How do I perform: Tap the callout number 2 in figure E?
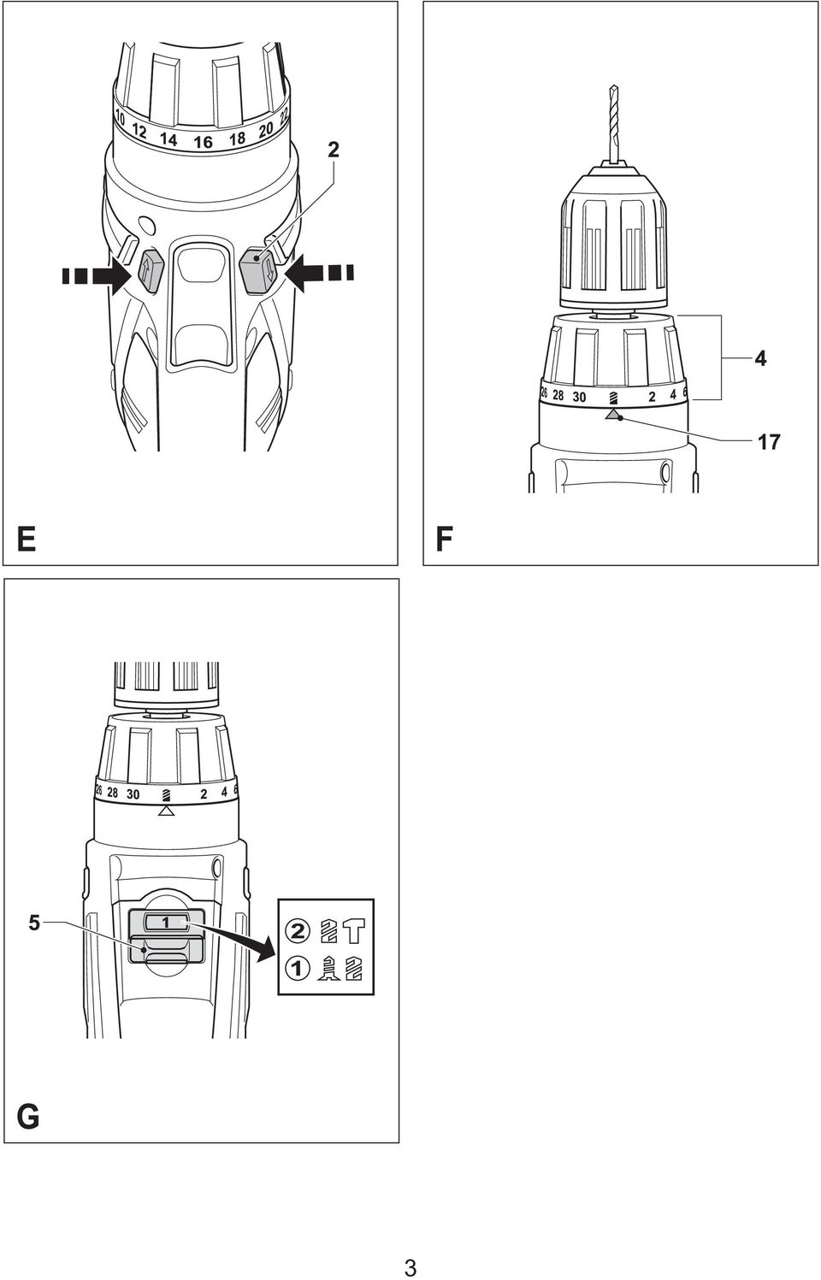[333, 150]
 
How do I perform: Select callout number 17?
[768, 442]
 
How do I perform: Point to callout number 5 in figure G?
[35, 923]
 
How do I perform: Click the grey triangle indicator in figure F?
[613, 415]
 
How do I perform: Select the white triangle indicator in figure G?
[167, 811]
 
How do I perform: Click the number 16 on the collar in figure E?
[203, 142]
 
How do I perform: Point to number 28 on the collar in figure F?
[558, 395]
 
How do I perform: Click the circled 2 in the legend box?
[298, 932]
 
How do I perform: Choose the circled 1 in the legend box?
[298, 969]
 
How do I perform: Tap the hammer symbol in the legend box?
[354, 931]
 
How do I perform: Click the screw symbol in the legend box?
[330, 969]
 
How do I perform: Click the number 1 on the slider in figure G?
[166, 922]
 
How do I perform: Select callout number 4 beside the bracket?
[759, 359]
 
